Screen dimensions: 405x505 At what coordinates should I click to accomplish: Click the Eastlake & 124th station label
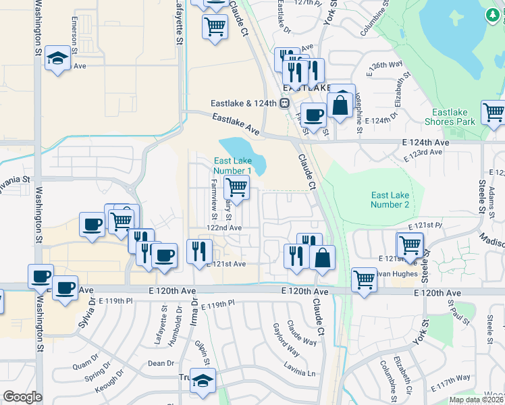pos(244,103)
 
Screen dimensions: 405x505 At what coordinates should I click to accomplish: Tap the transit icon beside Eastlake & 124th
pos(285,103)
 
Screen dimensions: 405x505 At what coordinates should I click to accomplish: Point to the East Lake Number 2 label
pos(390,199)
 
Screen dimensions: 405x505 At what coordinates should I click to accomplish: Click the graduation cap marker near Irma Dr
pos(203,380)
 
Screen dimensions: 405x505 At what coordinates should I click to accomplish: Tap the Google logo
pos(22,397)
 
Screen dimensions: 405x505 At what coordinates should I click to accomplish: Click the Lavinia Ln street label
pos(300,373)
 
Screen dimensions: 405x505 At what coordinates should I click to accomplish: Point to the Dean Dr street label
pos(161,363)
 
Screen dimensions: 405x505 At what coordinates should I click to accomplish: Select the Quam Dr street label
pos(85,367)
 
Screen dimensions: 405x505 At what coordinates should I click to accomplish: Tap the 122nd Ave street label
pos(224,228)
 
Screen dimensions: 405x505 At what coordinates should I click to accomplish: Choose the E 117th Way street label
pos(454,379)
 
